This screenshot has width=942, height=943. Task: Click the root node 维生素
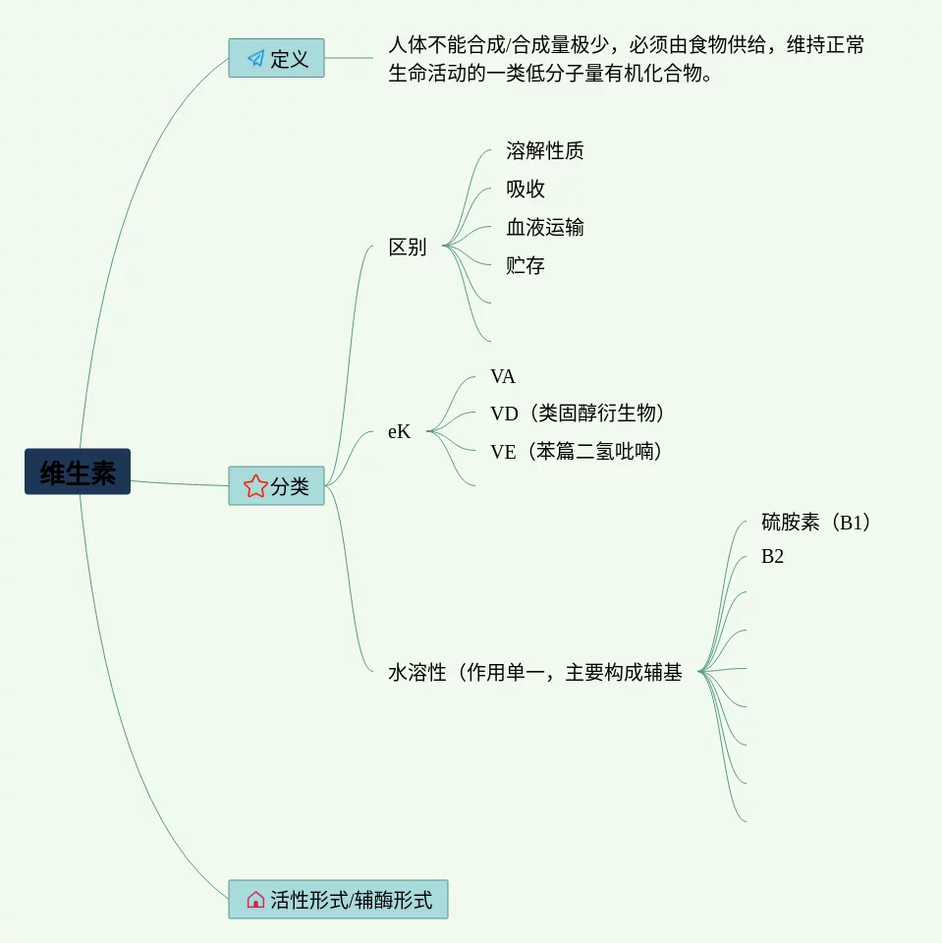click(x=78, y=472)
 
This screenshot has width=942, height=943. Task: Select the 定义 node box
click(x=276, y=58)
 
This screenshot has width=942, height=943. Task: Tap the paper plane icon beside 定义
click(x=255, y=59)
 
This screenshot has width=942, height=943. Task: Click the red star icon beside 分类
click(x=255, y=486)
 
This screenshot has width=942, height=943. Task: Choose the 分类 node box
click(x=276, y=486)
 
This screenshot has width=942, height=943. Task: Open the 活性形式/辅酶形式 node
click(x=338, y=900)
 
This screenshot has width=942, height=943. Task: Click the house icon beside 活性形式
click(x=255, y=900)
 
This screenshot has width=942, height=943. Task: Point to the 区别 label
click(x=408, y=248)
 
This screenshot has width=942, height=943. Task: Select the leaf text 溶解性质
click(x=545, y=151)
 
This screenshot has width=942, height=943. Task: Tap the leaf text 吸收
click(x=526, y=190)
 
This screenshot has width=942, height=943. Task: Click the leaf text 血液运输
click(x=545, y=228)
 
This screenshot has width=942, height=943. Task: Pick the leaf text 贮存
click(x=526, y=266)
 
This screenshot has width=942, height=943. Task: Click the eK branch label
click(x=399, y=431)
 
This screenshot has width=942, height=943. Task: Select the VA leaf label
click(x=503, y=377)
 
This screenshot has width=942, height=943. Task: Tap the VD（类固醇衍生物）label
click(x=583, y=414)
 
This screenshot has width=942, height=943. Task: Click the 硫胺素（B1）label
click(x=816, y=523)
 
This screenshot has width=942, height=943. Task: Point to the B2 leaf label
click(x=772, y=557)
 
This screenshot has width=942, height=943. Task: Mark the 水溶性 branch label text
click(x=535, y=674)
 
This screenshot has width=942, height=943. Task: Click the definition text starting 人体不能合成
click(x=626, y=59)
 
